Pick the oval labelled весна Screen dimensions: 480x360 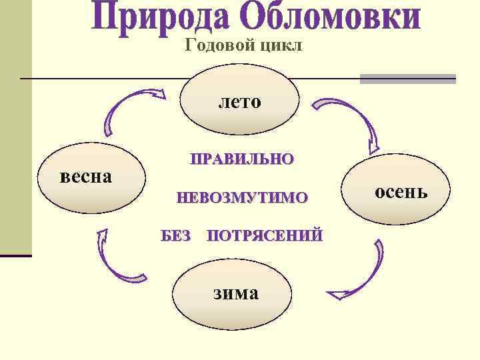pos(92,179)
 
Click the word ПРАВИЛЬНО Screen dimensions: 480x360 pos(241,159)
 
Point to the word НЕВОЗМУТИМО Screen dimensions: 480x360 pos(241,197)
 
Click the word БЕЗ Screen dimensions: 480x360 pos(176,235)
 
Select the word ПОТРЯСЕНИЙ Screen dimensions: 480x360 pos(265,235)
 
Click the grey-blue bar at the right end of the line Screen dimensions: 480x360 pos(407,79)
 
